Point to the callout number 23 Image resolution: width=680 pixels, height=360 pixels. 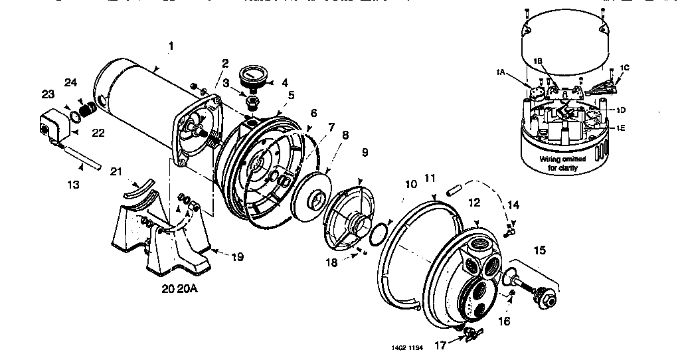coord(48,94)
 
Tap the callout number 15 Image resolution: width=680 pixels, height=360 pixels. coord(539,250)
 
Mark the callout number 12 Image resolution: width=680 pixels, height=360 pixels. coord(473,201)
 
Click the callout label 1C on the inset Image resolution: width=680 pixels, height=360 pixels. coord(624,68)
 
